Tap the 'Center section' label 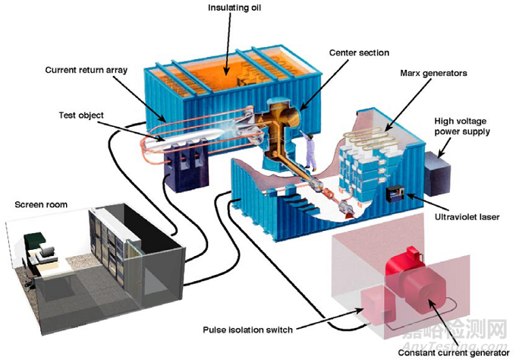pyautogui.click(x=358, y=53)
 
